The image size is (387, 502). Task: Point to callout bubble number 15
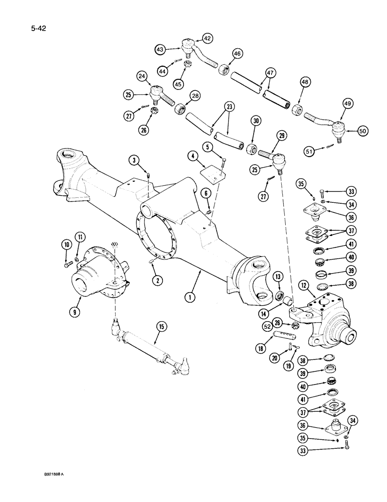pos(161,327)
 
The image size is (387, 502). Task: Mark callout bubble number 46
pos(237,53)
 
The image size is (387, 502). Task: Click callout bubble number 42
pos(207,38)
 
